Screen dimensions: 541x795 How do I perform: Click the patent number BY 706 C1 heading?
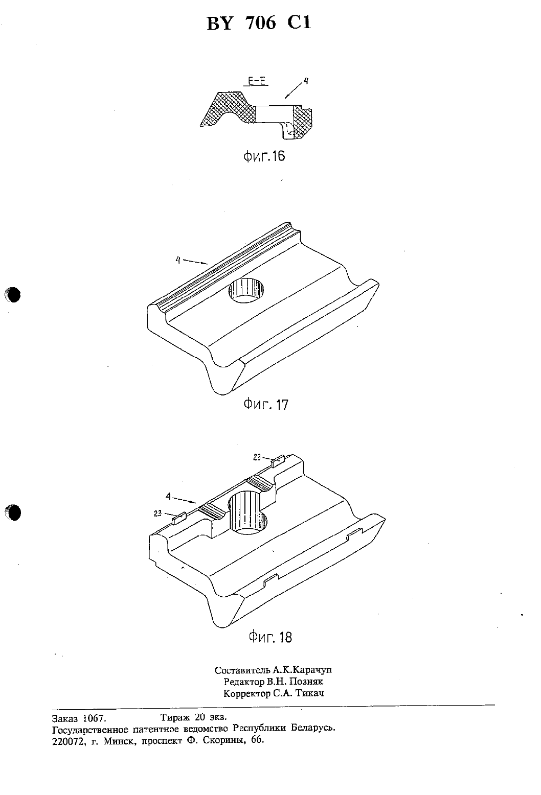[259, 24]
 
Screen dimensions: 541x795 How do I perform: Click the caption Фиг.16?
[264, 156]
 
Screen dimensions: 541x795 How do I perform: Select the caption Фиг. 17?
[266, 404]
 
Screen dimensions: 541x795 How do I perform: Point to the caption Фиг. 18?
[270, 637]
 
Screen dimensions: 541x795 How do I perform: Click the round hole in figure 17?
[246, 290]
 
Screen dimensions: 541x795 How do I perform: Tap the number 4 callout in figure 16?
[306, 81]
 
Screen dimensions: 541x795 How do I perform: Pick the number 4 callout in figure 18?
[168, 497]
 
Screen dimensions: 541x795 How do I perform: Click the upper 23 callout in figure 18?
[257, 457]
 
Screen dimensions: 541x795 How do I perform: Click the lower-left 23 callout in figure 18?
[158, 513]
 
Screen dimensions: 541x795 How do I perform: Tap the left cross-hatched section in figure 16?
[228, 108]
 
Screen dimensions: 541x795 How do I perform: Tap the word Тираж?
[175, 718]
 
